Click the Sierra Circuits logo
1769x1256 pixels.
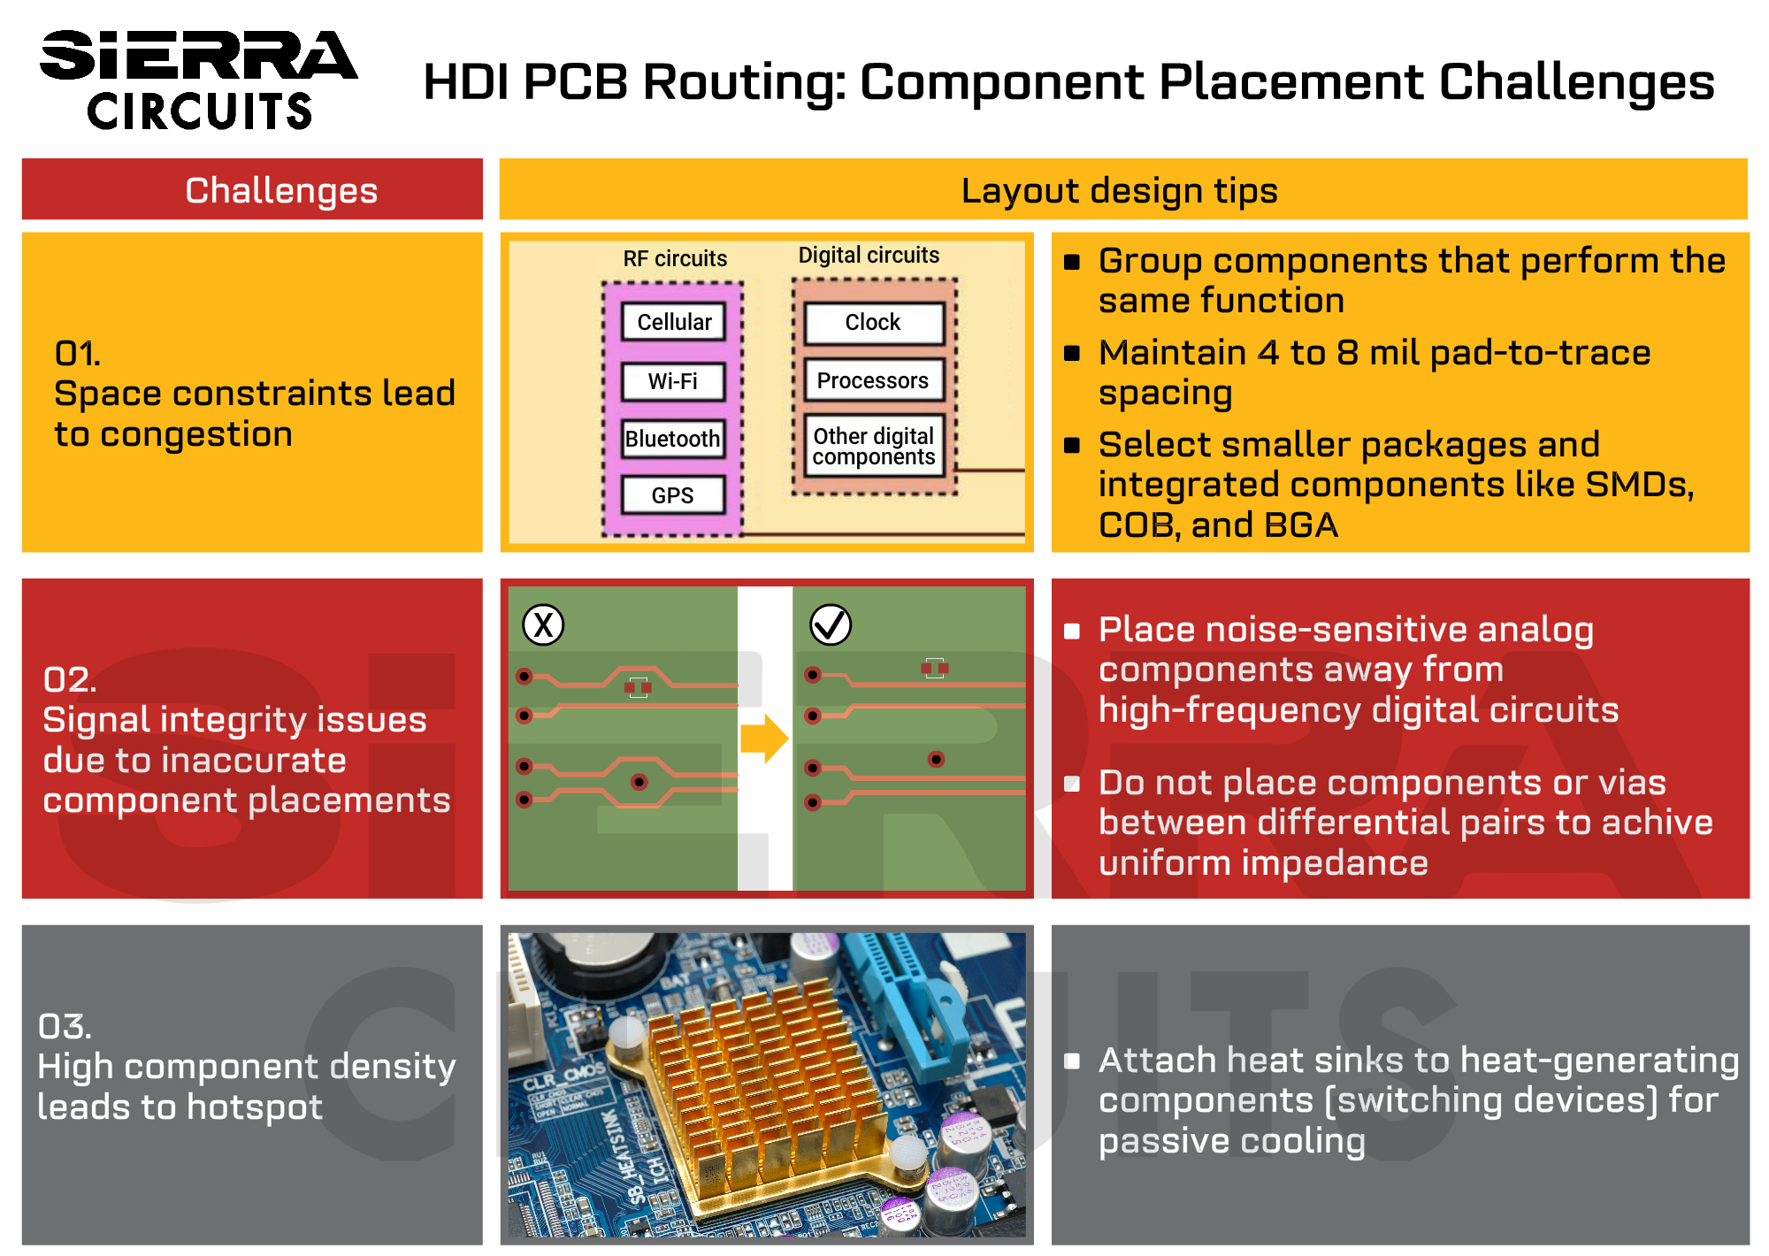(x=198, y=80)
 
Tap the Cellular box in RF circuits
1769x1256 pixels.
(x=673, y=322)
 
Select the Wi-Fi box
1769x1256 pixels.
(x=673, y=381)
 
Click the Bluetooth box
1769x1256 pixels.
(x=672, y=439)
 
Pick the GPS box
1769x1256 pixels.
(x=672, y=495)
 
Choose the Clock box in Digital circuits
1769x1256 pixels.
(x=873, y=323)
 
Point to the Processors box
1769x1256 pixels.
(x=873, y=380)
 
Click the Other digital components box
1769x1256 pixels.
(x=873, y=447)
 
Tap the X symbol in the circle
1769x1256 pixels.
(x=543, y=625)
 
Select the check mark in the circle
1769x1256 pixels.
(x=831, y=625)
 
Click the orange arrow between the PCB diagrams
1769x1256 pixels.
(x=764, y=738)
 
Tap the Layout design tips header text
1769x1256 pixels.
(x=1120, y=190)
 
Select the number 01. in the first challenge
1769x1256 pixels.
(x=78, y=354)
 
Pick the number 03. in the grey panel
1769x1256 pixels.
(x=65, y=1027)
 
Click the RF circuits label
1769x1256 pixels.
(x=675, y=258)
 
